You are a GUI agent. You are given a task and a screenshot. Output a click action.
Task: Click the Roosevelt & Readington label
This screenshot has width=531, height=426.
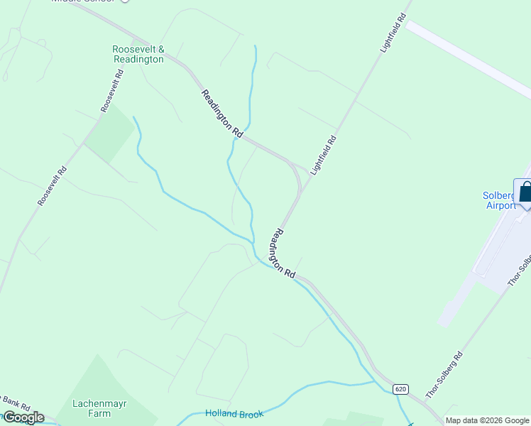138,55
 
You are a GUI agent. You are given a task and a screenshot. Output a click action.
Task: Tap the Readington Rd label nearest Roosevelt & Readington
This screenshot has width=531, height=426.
222,114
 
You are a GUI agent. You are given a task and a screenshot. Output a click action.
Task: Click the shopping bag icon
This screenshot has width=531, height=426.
525,192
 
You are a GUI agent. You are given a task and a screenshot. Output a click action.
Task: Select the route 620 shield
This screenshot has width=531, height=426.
401,389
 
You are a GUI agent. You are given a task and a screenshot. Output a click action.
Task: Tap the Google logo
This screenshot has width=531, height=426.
23,417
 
